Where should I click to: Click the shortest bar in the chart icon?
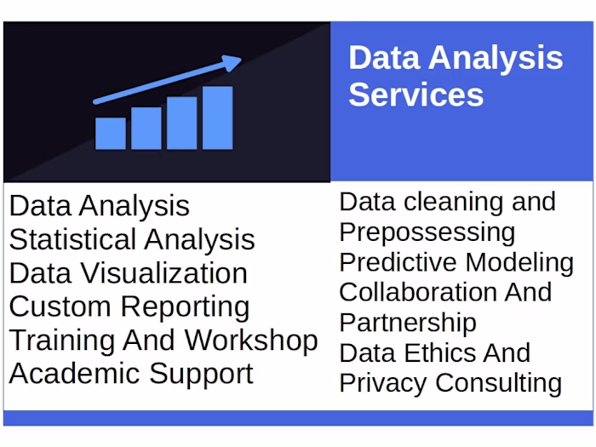(x=111, y=133)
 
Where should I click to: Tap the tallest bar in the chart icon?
(x=217, y=117)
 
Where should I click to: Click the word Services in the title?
(x=415, y=94)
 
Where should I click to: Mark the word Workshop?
(x=251, y=340)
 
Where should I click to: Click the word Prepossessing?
(x=427, y=232)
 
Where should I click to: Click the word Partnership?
(x=408, y=323)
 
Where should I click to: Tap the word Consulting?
(x=498, y=383)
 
